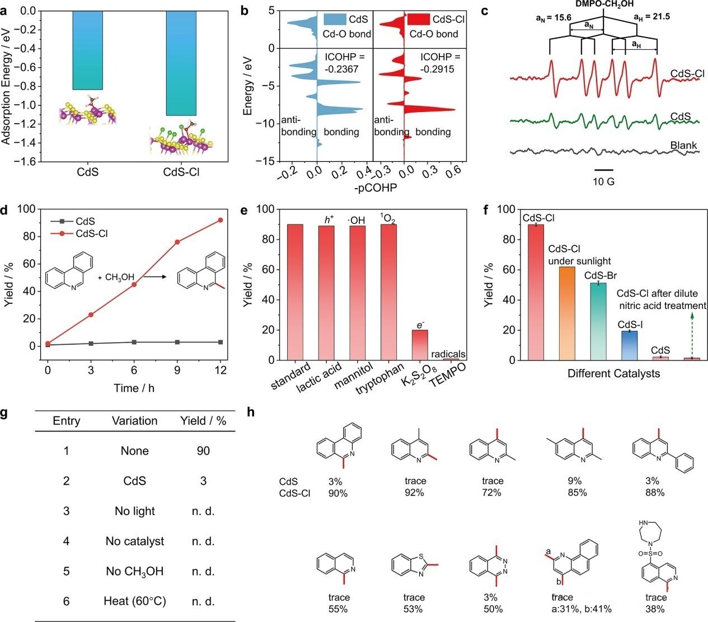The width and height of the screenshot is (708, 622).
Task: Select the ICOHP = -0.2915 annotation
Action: click(x=440, y=63)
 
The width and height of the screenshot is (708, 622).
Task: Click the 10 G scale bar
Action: click(x=604, y=169)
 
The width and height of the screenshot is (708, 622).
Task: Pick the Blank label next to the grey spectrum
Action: click(x=683, y=146)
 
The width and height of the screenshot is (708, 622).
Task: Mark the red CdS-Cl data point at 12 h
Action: click(x=220, y=220)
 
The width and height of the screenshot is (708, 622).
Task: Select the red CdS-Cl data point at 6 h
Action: click(x=134, y=284)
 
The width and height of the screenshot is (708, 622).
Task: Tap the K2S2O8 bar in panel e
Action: click(x=420, y=345)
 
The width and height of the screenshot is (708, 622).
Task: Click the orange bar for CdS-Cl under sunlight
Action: click(x=567, y=314)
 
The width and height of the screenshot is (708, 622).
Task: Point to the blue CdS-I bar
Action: click(x=629, y=345)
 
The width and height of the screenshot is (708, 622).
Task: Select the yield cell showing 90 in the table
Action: click(x=203, y=451)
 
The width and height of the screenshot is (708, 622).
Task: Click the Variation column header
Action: click(x=134, y=421)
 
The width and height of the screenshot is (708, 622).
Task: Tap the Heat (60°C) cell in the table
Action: click(x=135, y=602)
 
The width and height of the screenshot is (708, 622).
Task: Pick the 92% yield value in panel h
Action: click(x=415, y=493)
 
